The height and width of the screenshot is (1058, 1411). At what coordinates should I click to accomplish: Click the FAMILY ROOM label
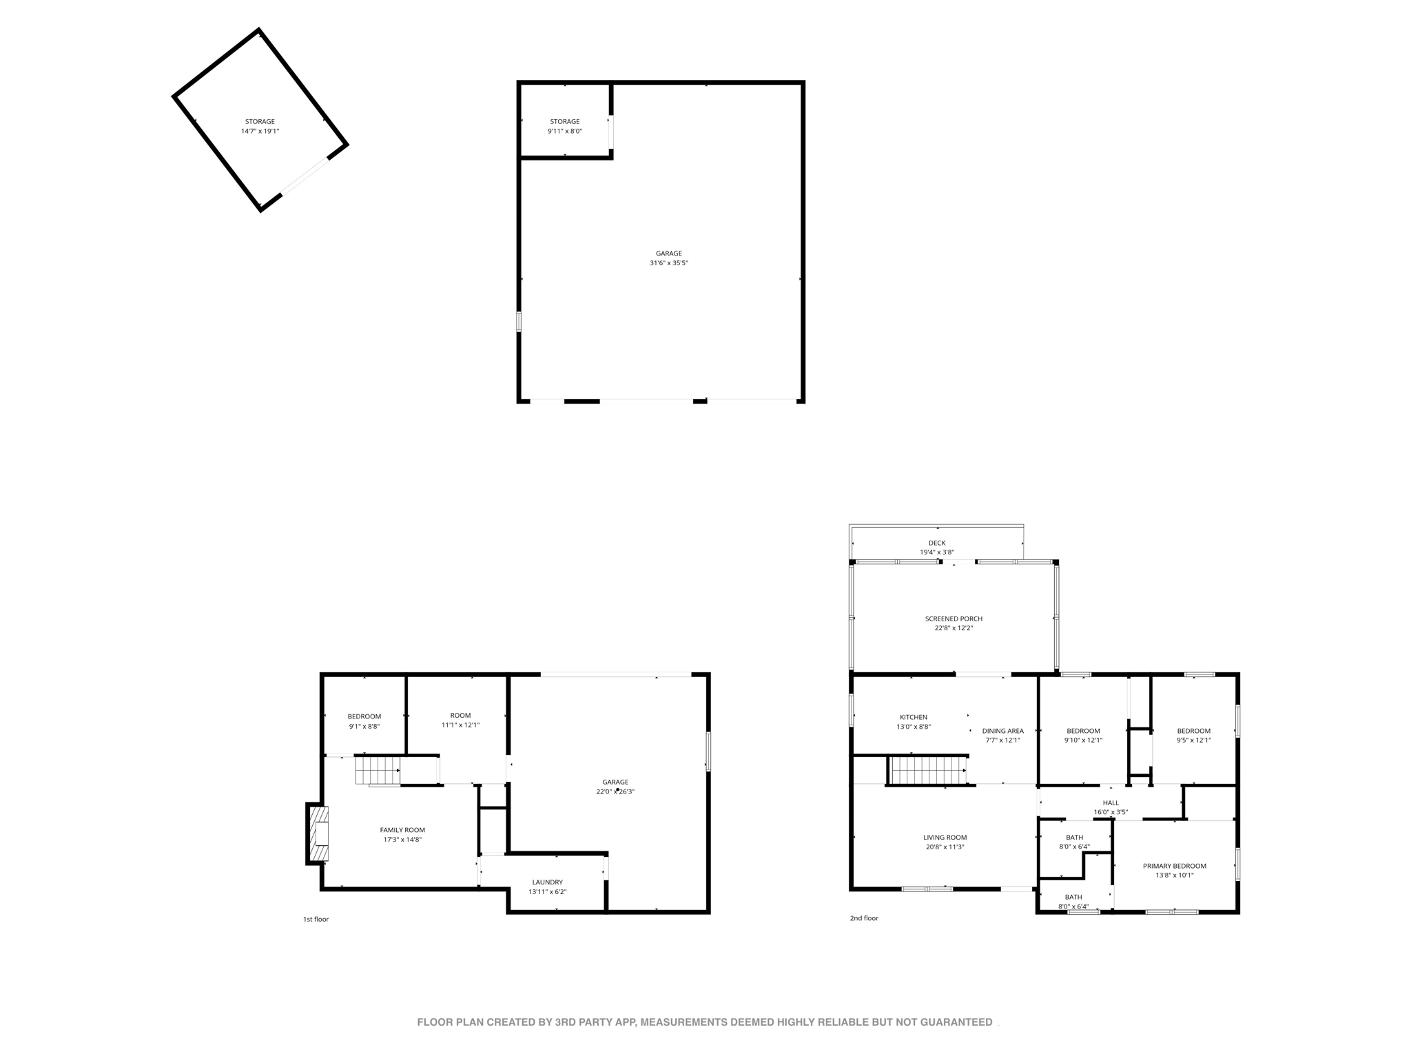click(402, 830)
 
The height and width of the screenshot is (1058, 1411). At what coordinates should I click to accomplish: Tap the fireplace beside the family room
click(319, 833)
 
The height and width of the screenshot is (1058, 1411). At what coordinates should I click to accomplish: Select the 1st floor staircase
click(378, 770)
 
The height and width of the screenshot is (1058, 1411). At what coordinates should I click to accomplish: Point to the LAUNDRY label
click(547, 882)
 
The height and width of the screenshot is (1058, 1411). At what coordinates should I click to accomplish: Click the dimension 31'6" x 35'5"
click(668, 263)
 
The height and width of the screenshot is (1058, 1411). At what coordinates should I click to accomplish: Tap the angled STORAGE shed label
click(260, 122)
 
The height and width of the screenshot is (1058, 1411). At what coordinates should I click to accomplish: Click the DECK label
click(937, 543)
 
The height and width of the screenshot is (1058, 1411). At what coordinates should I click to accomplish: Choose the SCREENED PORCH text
click(954, 619)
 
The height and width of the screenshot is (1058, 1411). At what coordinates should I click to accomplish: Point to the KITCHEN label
click(914, 717)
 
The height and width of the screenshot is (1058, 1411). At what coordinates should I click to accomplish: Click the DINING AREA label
click(1002, 731)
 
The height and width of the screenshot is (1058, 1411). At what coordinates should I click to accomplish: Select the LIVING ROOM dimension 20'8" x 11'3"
click(945, 847)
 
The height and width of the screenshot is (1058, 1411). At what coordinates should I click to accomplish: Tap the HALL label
click(1111, 802)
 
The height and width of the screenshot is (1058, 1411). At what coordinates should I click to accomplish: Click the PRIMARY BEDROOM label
click(1174, 866)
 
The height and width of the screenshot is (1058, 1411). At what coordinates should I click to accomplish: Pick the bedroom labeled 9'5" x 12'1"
click(1193, 736)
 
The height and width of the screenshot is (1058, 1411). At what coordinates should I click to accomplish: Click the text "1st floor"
click(316, 919)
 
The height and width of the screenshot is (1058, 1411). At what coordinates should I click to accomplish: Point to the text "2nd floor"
click(864, 918)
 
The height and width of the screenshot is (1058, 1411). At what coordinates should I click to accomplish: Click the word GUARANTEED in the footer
click(954, 1022)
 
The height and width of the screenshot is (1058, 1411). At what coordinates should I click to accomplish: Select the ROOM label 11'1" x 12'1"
click(460, 720)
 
